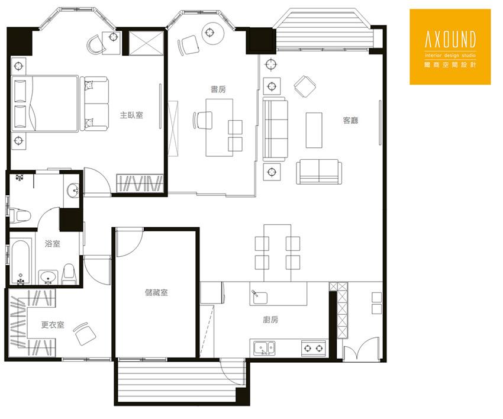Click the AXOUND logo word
(x=450, y=39)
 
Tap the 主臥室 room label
(x=131, y=115)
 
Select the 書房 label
(x=218, y=89)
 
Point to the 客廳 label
(x=350, y=120)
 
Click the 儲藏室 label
(x=156, y=292)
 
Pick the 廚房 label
(x=270, y=320)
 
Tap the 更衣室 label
(x=53, y=325)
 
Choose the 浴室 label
(x=53, y=243)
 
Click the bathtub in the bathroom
(x=21, y=262)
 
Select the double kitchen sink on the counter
(x=265, y=348)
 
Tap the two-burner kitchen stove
(x=314, y=348)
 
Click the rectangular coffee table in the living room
(x=314, y=130)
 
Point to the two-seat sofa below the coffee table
(x=319, y=172)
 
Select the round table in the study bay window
(x=212, y=33)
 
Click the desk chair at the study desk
(x=203, y=120)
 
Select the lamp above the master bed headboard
(x=18, y=66)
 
